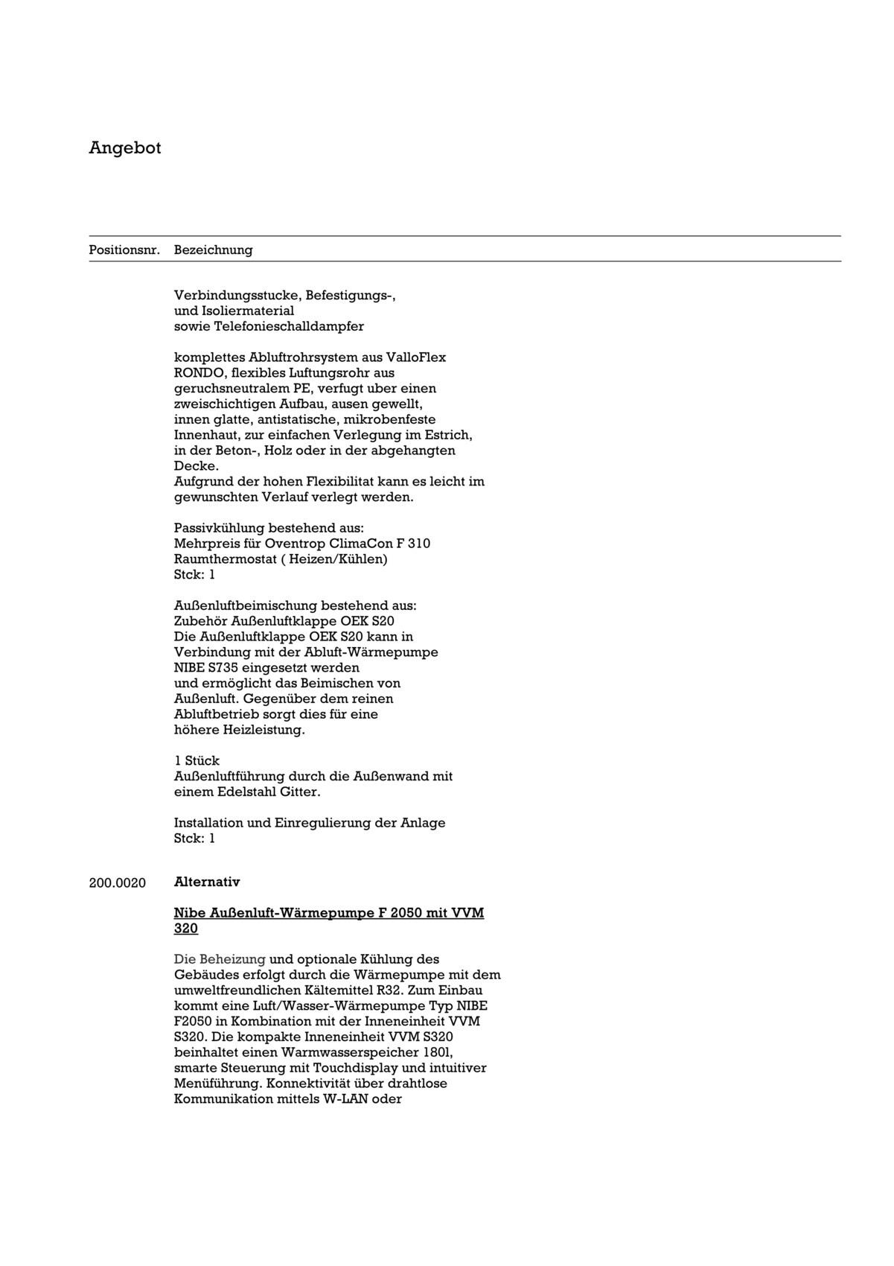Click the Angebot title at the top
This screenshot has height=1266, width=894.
tap(124, 148)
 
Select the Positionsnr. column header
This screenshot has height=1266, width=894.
tap(124, 250)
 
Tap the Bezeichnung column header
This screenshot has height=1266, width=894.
tap(213, 250)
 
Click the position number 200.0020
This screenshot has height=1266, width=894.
tap(118, 883)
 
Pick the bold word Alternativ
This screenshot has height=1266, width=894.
tap(207, 882)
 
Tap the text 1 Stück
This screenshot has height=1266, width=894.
tap(197, 761)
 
